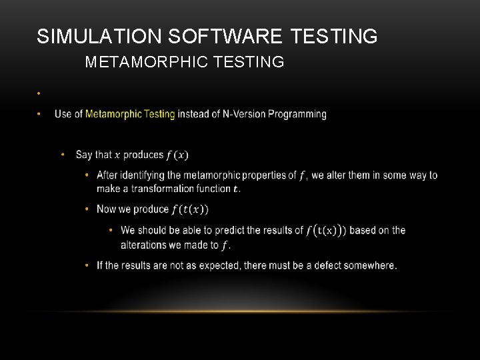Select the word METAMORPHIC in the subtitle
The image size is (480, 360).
point(139,63)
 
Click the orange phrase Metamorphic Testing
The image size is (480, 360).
point(130,114)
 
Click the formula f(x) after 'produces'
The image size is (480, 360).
point(177,155)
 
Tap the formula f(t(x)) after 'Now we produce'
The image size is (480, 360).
point(190,209)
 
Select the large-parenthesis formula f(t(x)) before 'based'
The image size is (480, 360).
point(326,231)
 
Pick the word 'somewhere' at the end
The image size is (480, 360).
point(370,265)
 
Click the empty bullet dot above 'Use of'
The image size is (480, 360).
point(40,93)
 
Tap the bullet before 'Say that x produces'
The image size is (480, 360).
point(63,155)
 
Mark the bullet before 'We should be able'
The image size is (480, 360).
point(111,231)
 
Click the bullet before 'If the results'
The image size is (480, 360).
point(87,265)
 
